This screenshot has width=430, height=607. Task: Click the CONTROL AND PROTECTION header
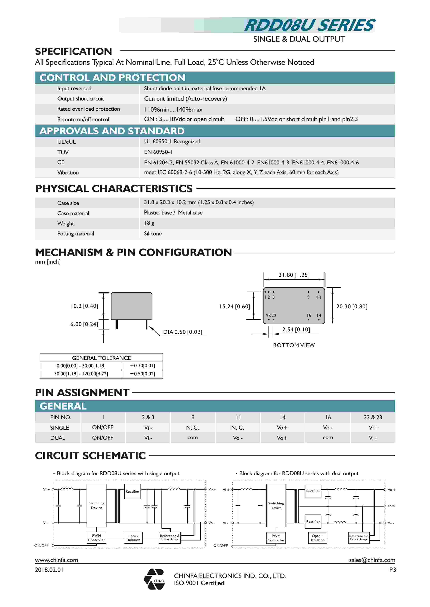112,78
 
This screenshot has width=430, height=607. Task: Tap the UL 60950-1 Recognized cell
172,141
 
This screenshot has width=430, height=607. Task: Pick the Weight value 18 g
149,223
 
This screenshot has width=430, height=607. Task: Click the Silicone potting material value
153,234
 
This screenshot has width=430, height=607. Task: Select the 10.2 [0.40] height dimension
84,306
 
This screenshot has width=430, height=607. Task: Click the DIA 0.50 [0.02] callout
182,332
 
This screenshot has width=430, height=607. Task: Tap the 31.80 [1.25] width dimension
294,275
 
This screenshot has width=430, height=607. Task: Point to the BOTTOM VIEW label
294,345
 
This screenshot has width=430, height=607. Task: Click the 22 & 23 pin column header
373,417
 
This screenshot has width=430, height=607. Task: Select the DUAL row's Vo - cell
237,438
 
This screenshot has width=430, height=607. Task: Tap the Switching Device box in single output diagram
96,505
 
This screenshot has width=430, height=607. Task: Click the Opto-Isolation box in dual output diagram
317,538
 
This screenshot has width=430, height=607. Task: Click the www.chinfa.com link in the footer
56,560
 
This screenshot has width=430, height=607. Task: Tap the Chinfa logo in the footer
155,579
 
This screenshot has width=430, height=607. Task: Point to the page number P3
392,570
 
